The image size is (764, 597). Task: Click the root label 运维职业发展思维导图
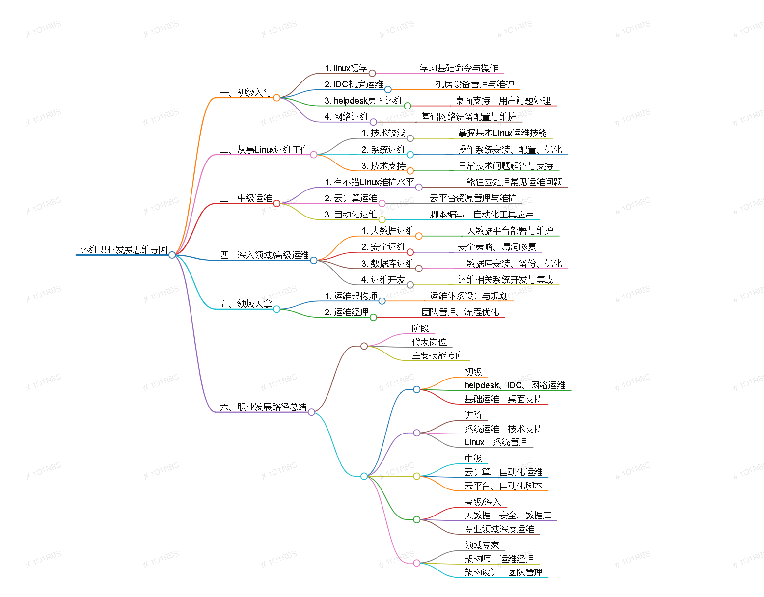point(124,250)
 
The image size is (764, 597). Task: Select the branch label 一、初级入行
point(246,93)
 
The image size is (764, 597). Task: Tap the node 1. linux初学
point(346,68)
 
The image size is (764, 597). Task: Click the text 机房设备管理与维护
point(474,84)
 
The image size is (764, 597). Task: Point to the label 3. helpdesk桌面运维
point(363,101)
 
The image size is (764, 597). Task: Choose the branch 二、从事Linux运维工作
point(265,150)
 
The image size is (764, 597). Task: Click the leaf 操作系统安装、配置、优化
point(510,150)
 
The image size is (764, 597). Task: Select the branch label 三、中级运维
point(246,198)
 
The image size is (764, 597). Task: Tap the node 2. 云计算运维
point(351,198)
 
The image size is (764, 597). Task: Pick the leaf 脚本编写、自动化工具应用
point(482,215)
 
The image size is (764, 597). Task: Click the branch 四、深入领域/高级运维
point(265,255)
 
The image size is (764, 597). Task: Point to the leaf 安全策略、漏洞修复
point(497,247)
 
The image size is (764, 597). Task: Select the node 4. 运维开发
point(383,280)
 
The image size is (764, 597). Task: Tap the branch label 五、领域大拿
point(246,304)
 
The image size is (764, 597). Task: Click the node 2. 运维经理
point(346,312)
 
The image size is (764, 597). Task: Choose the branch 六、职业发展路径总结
point(264,407)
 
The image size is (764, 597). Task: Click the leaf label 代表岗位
point(429,342)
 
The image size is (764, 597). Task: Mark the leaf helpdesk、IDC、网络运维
point(515,385)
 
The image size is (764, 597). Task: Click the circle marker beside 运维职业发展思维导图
point(172,255)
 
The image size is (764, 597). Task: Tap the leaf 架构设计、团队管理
point(503,572)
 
